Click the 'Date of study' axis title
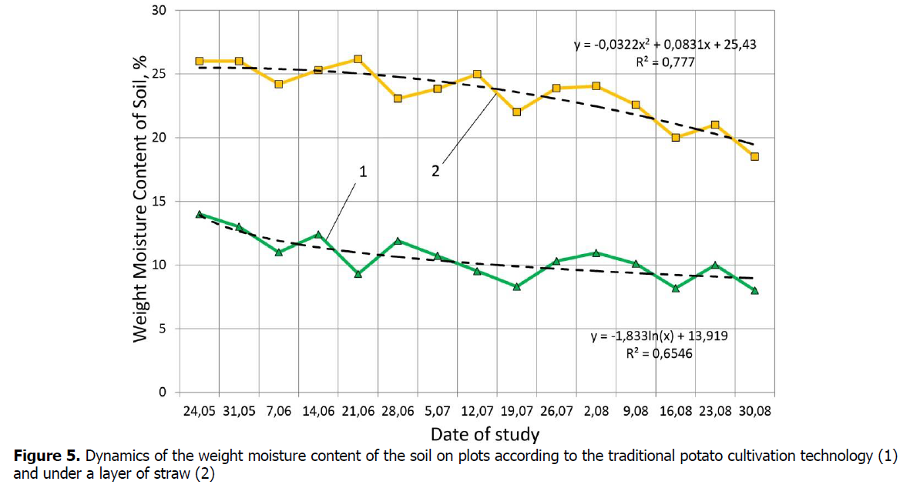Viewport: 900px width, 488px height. tap(485, 433)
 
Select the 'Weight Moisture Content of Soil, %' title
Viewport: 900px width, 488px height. tap(140, 202)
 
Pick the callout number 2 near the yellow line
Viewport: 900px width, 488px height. tap(435, 172)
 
